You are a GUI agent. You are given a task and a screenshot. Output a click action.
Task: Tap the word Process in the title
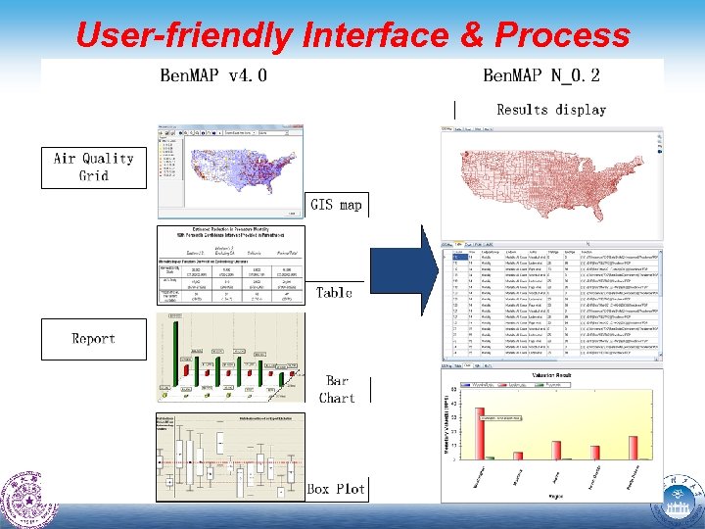563,35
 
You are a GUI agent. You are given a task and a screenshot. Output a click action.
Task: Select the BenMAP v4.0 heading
212,75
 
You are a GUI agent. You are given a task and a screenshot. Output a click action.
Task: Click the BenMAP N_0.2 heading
541,75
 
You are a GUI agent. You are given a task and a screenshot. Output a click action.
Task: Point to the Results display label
551,110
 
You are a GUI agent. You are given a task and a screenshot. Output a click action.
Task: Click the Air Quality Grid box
93,167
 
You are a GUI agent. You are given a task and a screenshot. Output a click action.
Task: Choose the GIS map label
336,205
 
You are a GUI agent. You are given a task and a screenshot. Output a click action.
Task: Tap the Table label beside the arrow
334,292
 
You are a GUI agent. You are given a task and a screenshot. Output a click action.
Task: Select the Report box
93,339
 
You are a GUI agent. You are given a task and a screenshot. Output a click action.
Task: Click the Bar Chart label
336,389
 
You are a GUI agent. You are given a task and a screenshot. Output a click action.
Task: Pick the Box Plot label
336,488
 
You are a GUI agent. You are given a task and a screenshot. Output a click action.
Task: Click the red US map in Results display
551,180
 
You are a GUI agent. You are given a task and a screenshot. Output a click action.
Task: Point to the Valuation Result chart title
551,375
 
